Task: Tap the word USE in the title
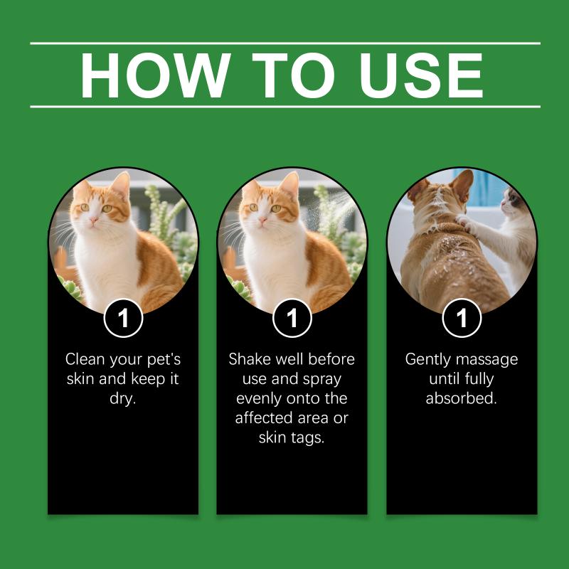pyautogui.click(x=421, y=75)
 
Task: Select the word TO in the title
pyautogui.click(x=293, y=75)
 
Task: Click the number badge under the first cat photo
pyautogui.click(x=123, y=318)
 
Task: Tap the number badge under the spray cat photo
pyautogui.click(x=292, y=318)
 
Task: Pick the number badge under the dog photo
pyautogui.click(x=462, y=318)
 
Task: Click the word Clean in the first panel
pyautogui.click(x=85, y=359)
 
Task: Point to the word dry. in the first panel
pyautogui.click(x=122, y=398)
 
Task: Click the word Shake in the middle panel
pyautogui.click(x=250, y=359)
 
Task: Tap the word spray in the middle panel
pyautogui.click(x=322, y=379)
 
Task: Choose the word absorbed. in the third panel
pyautogui.click(x=462, y=398)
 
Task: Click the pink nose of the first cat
pyautogui.click(x=94, y=220)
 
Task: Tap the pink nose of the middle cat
pyautogui.click(x=262, y=220)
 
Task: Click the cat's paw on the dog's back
pyautogui.click(x=464, y=221)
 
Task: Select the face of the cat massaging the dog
pyautogui.click(x=512, y=204)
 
